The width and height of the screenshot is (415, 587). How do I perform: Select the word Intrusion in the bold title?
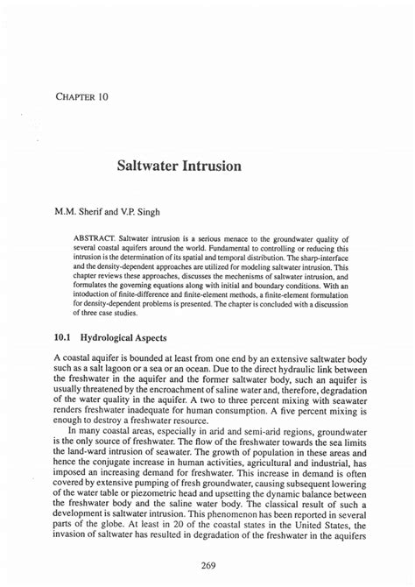(x=215, y=166)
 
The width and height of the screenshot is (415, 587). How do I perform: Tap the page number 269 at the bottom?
(x=207, y=565)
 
